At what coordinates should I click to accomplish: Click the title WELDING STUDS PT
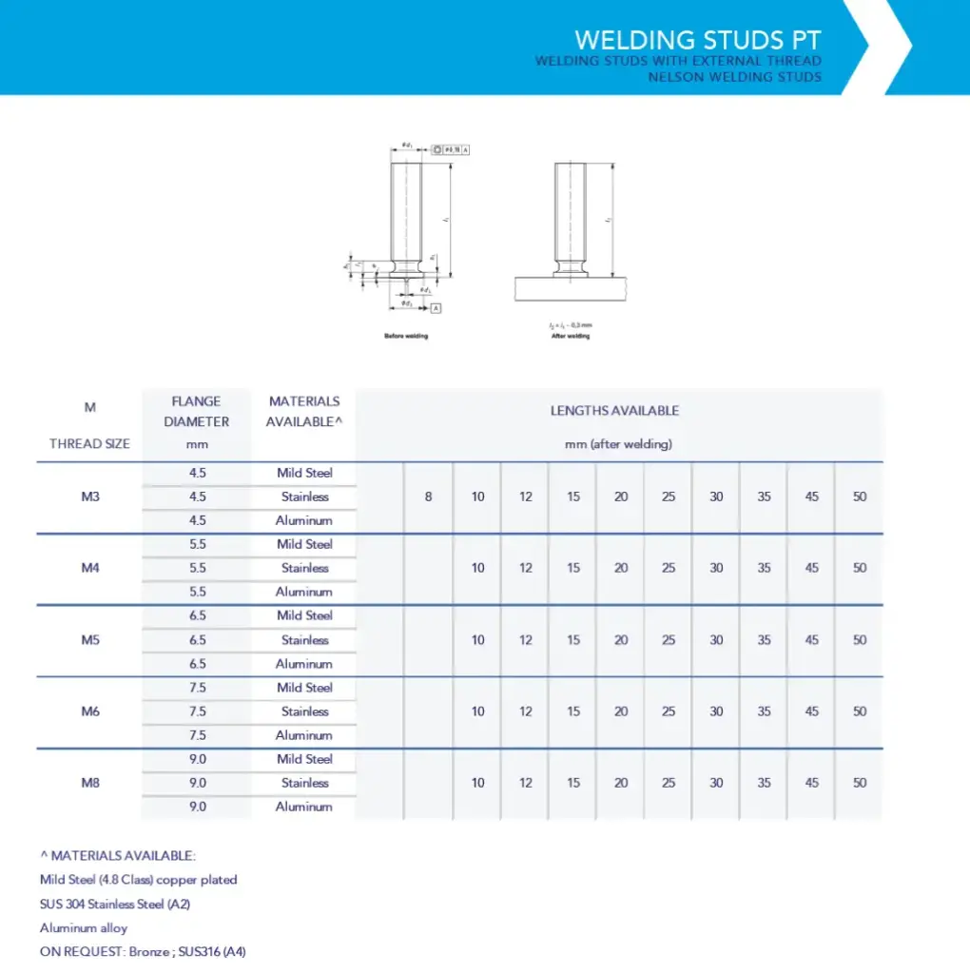697,40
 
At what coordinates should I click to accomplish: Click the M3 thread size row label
90,497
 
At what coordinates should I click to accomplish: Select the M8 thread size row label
90,783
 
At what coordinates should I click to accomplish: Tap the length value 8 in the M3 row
428,497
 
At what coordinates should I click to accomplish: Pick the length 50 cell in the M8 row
860,783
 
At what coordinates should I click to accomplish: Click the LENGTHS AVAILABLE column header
614,411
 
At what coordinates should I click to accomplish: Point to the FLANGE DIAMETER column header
196,412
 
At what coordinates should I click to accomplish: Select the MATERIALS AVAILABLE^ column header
304,412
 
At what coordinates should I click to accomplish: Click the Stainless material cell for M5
304,640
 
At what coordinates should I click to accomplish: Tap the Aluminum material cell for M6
304,735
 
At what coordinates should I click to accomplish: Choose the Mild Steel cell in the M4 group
304,544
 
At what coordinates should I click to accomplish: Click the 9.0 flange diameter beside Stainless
198,783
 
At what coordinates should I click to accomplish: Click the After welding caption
571,336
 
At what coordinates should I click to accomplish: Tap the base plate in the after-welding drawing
571,289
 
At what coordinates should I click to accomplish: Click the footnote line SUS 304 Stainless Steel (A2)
115,904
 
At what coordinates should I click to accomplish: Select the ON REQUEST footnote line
143,951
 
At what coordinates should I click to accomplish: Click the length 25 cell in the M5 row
669,640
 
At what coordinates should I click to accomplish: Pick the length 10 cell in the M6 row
477,711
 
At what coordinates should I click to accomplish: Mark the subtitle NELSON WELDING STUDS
734,77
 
